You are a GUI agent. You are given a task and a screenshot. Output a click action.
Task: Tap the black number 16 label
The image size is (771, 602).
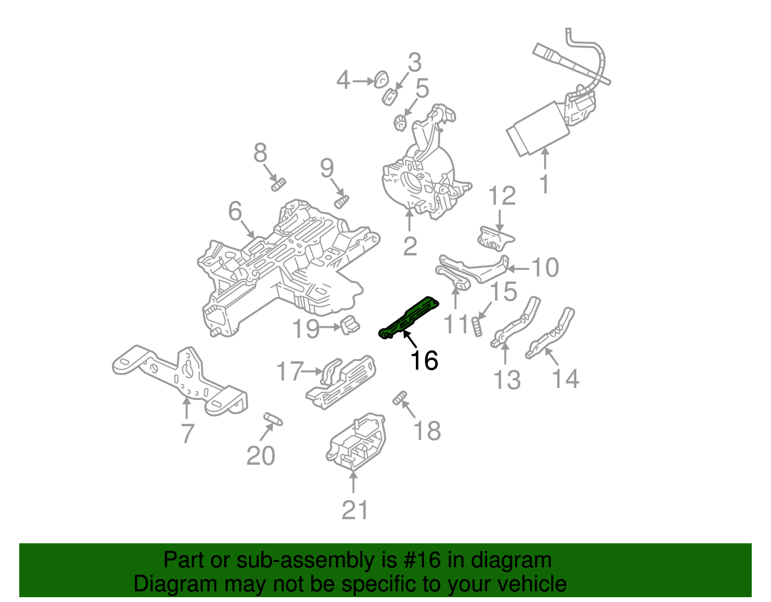click(x=424, y=361)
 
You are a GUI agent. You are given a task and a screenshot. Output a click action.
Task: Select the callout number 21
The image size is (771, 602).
click(x=355, y=510)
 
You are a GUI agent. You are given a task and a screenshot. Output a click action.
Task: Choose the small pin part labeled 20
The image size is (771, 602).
click(x=273, y=418)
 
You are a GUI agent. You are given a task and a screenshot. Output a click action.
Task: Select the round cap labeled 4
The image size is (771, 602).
click(x=381, y=79)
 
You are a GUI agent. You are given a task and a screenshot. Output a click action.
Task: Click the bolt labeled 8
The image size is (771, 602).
click(x=279, y=184)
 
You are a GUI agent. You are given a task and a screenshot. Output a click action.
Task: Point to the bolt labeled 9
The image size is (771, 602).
click(x=342, y=201)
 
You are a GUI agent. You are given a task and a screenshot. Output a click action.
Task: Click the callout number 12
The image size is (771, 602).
click(x=502, y=196)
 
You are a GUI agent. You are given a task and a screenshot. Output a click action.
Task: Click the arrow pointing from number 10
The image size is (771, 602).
click(x=518, y=268)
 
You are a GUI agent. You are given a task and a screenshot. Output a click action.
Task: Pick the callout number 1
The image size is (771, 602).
click(x=545, y=184)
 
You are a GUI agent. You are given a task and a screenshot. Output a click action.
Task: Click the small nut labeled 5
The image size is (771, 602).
click(x=399, y=123)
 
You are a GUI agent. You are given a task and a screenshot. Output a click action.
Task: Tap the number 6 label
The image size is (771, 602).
click(x=235, y=211)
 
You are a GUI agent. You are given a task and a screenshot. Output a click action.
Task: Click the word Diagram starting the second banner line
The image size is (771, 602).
click(x=161, y=584)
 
